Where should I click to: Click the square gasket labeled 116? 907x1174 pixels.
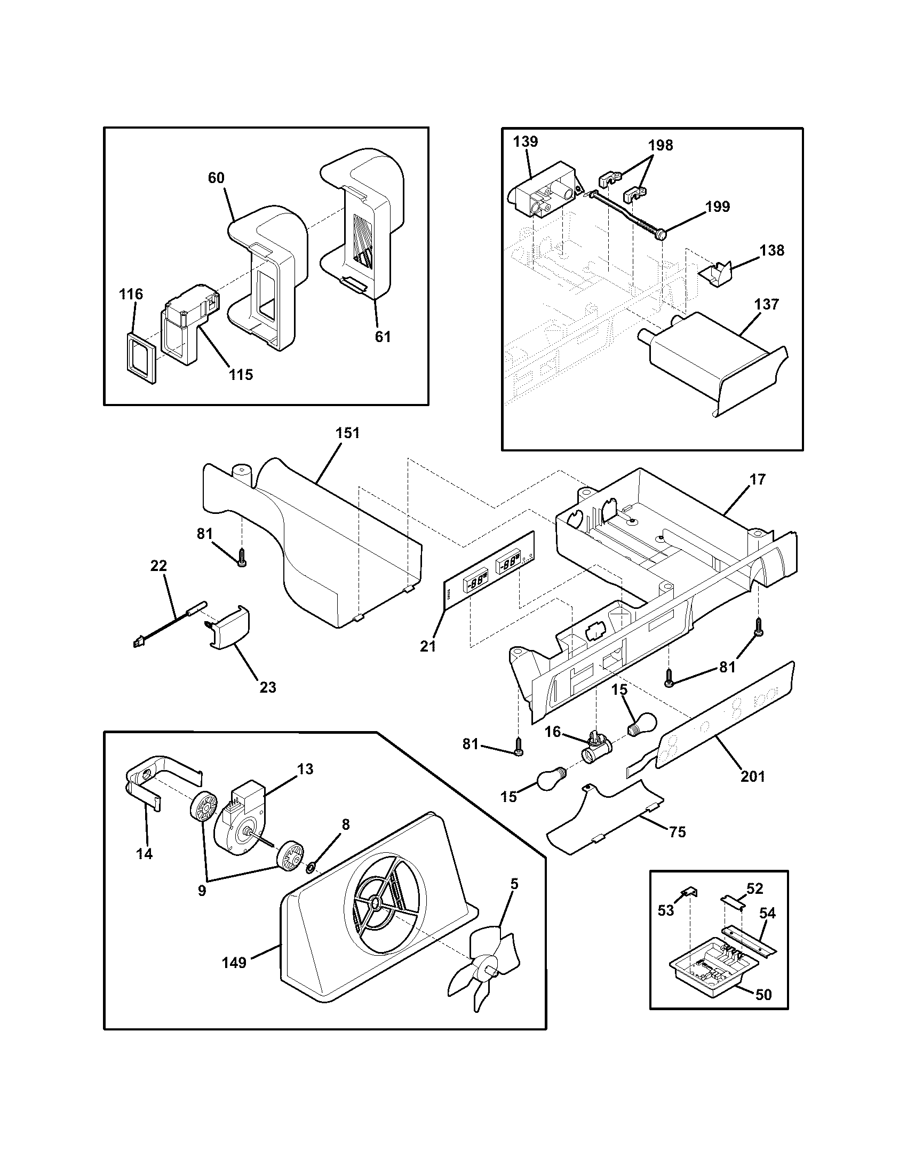141,357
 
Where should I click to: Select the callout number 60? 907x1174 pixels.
216,178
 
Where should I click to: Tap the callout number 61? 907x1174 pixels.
383,337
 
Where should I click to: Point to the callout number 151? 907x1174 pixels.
347,433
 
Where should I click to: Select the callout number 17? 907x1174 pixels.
757,479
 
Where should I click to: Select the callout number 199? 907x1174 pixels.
719,207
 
